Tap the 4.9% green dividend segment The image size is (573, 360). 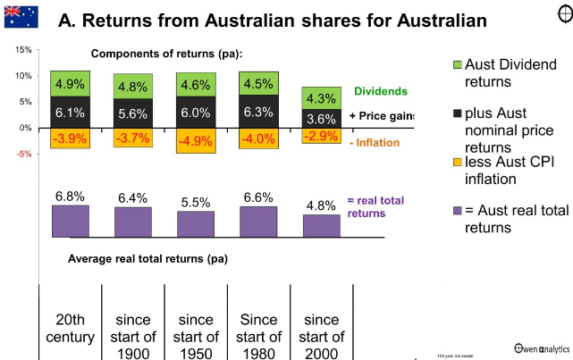(70, 84)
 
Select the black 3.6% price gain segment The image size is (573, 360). (321, 118)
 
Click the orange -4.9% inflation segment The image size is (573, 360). (196, 141)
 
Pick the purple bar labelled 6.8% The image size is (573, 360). (70, 220)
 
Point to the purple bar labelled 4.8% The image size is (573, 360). (321, 225)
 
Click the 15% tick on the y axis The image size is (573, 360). (23, 50)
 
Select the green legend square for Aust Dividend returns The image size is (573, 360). (457, 64)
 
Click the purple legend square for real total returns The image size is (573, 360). (457, 212)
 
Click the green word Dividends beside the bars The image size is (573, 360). (381, 91)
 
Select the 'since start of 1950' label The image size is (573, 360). (196, 336)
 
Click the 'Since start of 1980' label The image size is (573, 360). (258, 336)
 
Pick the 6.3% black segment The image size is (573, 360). (258, 113)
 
